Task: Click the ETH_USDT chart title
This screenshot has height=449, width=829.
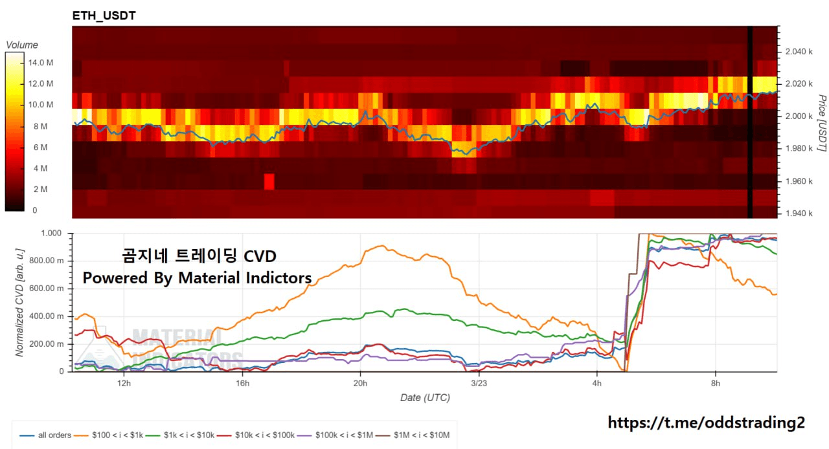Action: coord(104,16)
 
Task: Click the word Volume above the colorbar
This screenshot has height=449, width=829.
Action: coord(22,45)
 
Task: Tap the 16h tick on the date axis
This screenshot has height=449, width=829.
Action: coord(242,383)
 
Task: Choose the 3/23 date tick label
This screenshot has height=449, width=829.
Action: coord(478,383)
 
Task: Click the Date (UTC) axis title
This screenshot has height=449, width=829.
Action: coord(424,398)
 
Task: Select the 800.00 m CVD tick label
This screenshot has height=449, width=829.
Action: coord(48,261)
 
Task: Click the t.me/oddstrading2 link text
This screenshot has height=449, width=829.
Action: coord(706,423)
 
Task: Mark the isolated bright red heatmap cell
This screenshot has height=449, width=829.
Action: coord(269,182)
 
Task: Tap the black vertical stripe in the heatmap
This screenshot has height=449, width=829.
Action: coord(750,123)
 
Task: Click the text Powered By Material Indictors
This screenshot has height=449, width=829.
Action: coord(197,278)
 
